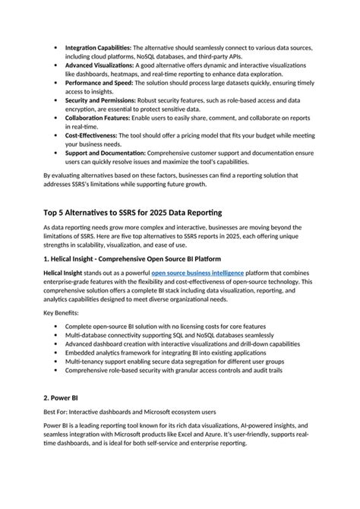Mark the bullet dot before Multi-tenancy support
[x=56, y=362]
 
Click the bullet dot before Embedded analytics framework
[x=56, y=353]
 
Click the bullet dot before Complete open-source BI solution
[x=56, y=326]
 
